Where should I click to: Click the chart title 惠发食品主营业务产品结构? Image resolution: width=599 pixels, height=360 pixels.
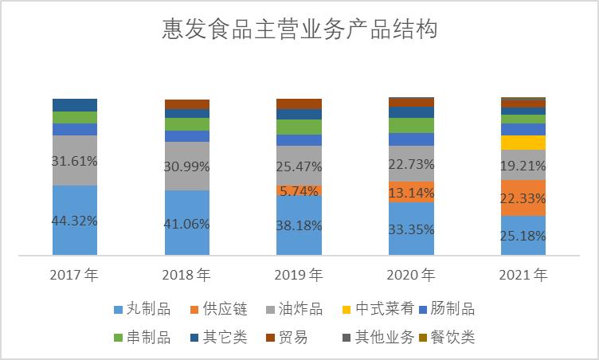(x=299, y=31)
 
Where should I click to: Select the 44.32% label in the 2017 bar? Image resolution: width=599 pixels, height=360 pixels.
(x=74, y=221)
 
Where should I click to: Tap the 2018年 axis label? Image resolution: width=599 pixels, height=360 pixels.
(x=186, y=276)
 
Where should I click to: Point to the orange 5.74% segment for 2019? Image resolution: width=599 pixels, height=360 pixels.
(x=299, y=191)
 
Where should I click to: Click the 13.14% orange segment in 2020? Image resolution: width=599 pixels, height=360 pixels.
(x=411, y=192)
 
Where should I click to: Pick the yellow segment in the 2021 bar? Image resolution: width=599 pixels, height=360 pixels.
(x=523, y=143)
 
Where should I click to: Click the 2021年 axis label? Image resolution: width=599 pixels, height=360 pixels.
(x=523, y=276)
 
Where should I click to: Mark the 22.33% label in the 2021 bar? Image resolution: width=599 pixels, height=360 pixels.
(x=523, y=198)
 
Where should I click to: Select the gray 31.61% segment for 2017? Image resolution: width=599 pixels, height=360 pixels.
(x=74, y=160)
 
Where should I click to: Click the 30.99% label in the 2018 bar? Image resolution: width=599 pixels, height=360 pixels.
(x=186, y=166)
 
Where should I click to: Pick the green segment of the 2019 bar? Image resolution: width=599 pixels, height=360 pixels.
(x=299, y=127)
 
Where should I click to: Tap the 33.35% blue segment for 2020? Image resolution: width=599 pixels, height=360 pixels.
(x=411, y=229)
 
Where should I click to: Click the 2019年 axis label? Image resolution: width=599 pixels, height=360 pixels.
(x=299, y=276)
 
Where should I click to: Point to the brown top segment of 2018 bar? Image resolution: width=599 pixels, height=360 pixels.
(x=186, y=104)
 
